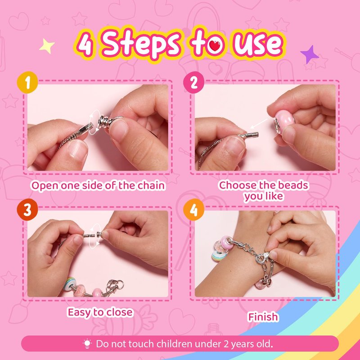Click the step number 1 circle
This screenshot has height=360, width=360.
point(27,82)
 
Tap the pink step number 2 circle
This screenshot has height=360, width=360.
point(193,82)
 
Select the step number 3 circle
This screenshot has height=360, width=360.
point(27,209)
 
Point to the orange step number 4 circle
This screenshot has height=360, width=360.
point(193,209)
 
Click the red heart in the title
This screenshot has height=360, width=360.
point(215,46)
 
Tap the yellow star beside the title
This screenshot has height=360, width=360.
point(47,46)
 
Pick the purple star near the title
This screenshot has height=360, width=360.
point(310,54)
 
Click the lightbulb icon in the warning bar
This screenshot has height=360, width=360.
point(87,344)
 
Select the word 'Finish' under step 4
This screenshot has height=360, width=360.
point(263,317)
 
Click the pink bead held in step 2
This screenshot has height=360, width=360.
point(284,121)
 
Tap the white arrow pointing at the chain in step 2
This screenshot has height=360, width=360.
point(259,124)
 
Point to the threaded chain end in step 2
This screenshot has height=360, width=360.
point(252,135)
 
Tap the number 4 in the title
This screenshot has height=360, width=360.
point(85,44)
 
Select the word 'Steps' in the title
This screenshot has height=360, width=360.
point(140,44)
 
